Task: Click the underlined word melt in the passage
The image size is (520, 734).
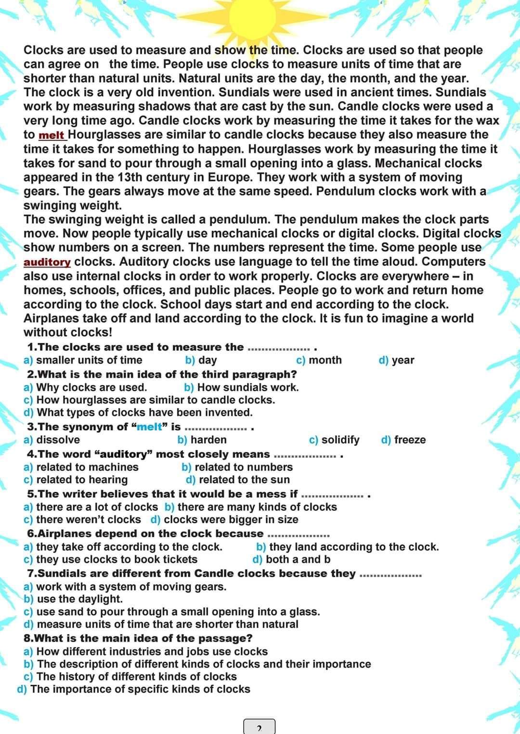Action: [x=52, y=135]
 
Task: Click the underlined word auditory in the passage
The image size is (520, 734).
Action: [x=47, y=262]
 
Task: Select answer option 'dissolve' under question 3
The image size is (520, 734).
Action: [x=58, y=440]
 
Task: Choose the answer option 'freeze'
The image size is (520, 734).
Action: [x=409, y=440]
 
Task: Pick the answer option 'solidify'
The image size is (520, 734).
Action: [x=340, y=440]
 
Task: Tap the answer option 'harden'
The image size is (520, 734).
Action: [x=208, y=440]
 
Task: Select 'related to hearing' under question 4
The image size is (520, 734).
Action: [x=82, y=480]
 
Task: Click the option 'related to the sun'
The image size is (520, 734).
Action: [x=244, y=480]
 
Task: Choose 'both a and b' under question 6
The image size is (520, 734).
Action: [x=298, y=559]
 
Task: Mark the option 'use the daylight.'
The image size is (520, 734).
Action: [x=79, y=599]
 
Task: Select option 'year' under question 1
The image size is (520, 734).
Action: [x=403, y=360]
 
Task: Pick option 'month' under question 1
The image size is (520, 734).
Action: [x=325, y=360]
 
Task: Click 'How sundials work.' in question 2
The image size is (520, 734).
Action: [x=247, y=387]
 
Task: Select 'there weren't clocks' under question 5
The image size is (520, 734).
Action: [x=88, y=519]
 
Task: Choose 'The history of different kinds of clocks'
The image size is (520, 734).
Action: [x=136, y=676]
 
